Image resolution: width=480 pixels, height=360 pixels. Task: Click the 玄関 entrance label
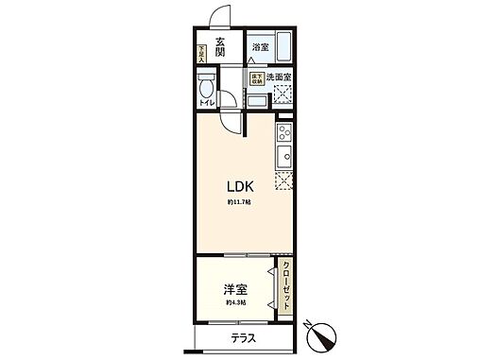pos(219,44)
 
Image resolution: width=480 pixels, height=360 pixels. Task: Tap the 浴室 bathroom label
pos(259,45)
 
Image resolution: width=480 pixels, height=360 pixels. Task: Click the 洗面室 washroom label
pos(277,76)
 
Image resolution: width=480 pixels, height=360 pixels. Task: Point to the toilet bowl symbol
pos(206,92)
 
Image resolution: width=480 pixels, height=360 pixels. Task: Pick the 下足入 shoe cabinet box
pos(200,53)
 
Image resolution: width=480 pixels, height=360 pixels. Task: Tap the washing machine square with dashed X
pos(282,94)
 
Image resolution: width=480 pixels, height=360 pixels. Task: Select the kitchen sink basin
pos(283,155)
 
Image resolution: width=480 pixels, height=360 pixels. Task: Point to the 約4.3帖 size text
pos(235,302)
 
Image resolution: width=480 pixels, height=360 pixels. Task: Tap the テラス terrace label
pos(242,338)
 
